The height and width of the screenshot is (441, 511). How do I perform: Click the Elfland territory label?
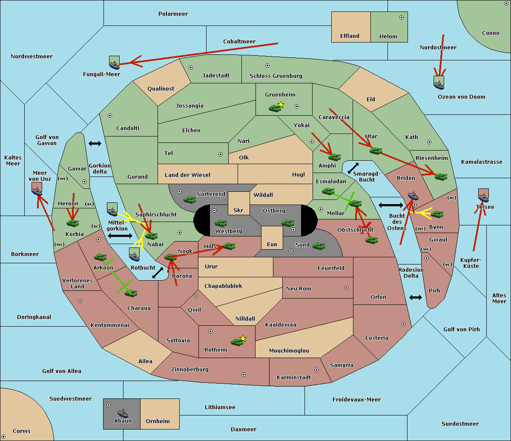(350, 36)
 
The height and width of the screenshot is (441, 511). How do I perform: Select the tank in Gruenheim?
(275, 108)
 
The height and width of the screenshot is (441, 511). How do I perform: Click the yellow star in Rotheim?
(243, 339)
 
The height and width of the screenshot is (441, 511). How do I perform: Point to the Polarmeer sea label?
(173, 14)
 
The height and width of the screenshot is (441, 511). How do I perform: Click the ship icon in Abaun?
(123, 413)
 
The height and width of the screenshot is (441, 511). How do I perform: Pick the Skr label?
(238, 211)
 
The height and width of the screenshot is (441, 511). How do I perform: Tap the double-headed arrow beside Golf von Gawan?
(95, 144)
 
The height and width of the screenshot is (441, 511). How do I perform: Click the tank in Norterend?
(189, 199)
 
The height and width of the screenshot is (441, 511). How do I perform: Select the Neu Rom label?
(299, 289)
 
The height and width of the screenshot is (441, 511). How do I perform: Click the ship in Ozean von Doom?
(439, 83)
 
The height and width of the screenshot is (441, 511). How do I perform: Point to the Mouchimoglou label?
(289, 351)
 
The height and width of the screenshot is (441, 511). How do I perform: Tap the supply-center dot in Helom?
(401, 17)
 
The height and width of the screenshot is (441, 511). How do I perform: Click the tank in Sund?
(319, 246)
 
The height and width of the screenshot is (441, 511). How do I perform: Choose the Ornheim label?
(158, 421)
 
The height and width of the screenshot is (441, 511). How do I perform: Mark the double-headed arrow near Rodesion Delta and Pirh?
(416, 297)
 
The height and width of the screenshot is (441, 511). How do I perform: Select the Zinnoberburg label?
(190, 370)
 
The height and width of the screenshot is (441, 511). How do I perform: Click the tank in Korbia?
(72, 223)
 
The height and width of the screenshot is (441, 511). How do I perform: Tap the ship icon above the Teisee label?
(483, 196)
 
